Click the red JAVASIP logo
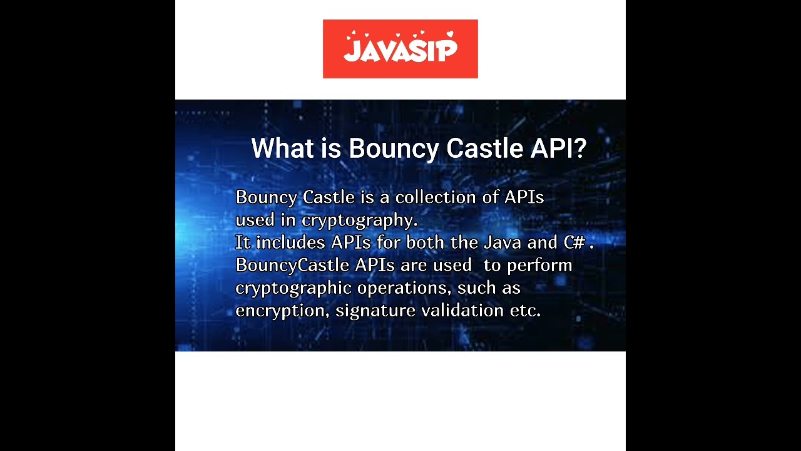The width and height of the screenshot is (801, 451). (x=400, y=49)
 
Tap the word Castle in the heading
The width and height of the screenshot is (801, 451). (x=484, y=149)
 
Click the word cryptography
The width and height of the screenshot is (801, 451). (x=359, y=220)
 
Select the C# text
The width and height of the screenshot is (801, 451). (x=574, y=242)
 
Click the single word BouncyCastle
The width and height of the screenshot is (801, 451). (x=292, y=266)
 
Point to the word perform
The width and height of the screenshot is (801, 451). (x=539, y=266)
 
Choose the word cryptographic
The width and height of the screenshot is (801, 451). (x=292, y=288)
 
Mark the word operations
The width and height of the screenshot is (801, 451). (x=404, y=288)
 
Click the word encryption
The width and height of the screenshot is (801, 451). (x=281, y=311)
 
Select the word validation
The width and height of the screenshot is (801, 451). (x=462, y=311)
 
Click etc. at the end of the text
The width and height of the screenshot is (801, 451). (x=525, y=311)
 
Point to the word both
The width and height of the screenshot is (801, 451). (x=426, y=242)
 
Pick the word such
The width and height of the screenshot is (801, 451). (x=474, y=288)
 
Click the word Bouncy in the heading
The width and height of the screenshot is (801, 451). (x=394, y=149)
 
